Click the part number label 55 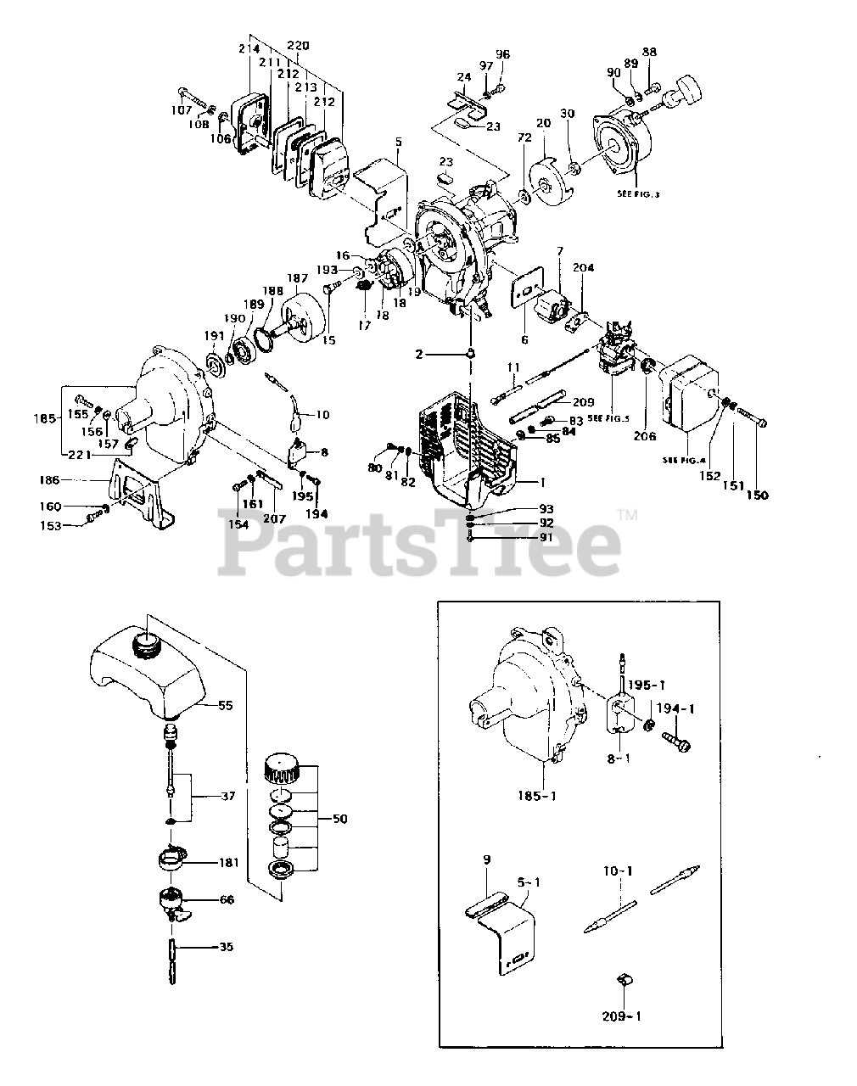coord(225,705)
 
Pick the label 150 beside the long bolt coord(757,495)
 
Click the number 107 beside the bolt coord(181,109)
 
